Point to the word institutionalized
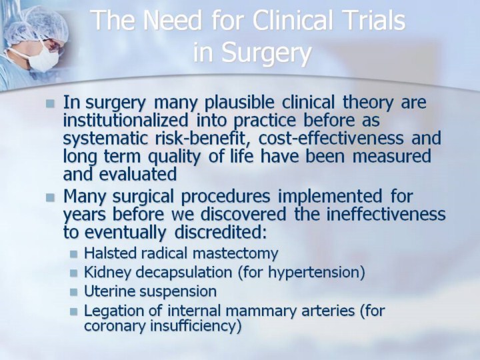(x=125, y=119)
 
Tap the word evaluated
(x=138, y=174)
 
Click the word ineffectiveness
(x=386, y=213)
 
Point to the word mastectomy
(x=236, y=254)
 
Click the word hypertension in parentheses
(x=313, y=273)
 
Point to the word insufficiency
(x=193, y=326)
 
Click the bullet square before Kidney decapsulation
(x=73, y=273)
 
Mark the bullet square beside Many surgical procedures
(x=50, y=197)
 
